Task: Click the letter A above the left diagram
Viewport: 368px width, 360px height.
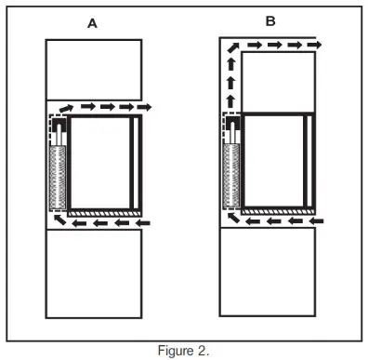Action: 93,25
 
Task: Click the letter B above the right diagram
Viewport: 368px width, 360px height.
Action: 269,20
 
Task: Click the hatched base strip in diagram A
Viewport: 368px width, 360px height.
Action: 107,213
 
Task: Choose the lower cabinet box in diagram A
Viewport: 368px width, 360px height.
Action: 93,274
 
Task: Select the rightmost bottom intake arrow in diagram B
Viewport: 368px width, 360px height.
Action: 318,222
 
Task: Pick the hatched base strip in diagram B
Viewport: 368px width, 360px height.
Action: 279,213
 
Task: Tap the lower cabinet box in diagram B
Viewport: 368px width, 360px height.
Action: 269,274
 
